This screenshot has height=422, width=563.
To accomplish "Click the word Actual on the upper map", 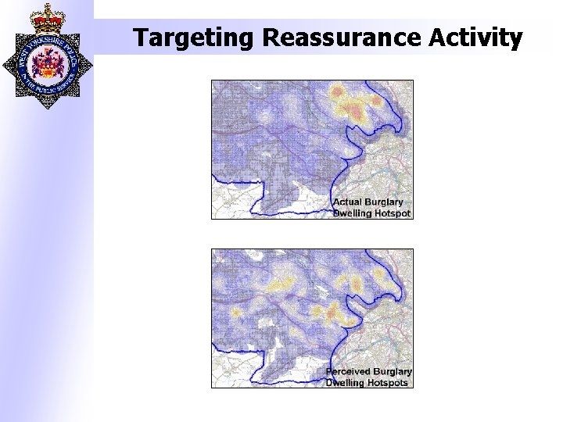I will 349,202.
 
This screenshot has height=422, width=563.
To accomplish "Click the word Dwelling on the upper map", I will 352,213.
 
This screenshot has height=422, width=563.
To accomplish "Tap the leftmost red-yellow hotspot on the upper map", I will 339,94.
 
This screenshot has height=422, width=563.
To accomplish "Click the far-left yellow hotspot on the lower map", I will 234,313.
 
